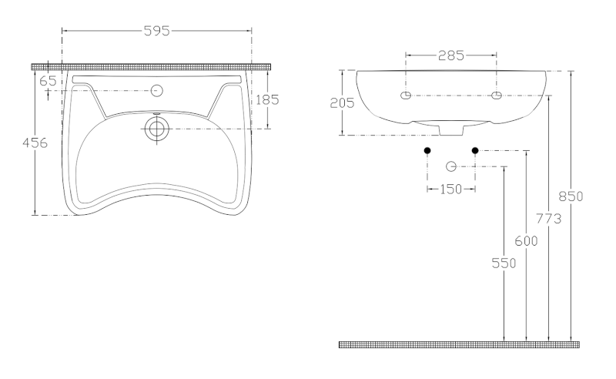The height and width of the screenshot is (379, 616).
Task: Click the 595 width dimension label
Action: [x=157, y=31]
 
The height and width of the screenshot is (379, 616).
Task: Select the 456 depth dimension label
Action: [x=35, y=143]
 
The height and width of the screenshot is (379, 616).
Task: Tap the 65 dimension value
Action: [x=48, y=81]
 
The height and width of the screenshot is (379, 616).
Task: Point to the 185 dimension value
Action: [x=267, y=100]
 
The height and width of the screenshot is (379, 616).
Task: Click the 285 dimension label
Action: [x=451, y=55]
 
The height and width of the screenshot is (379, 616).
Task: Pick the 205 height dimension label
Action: [x=342, y=103]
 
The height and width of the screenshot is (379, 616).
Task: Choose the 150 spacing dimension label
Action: [x=450, y=189]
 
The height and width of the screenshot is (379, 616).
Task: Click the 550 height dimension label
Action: [x=504, y=263]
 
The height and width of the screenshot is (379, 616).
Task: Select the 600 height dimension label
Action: [x=526, y=240]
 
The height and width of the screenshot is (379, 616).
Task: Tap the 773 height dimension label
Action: [x=548, y=219]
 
